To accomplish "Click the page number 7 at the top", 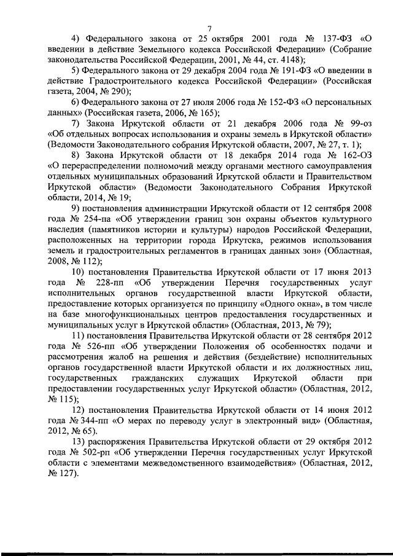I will [209, 28].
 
